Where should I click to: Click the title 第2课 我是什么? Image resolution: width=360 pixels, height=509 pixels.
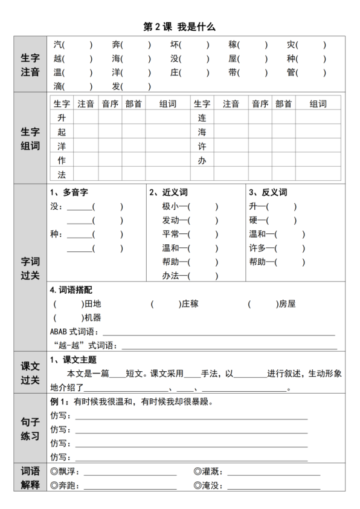(x=179, y=27)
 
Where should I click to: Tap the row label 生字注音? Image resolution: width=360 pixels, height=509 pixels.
(x=30, y=66)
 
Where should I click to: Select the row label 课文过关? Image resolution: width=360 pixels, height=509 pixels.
(x=30, y=373)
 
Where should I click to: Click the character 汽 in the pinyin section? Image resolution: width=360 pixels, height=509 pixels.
(x=57, y=45)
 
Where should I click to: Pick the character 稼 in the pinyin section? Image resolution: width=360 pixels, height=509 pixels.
(x=233, y=45)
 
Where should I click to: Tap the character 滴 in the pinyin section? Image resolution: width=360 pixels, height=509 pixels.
(x=57, y=86)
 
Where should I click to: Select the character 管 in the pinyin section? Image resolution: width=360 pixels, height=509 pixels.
(x=291, y=73)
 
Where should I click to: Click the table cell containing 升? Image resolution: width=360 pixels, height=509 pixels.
(x=61, y=118)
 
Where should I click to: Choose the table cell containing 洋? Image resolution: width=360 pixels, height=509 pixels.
(x=61, y=146)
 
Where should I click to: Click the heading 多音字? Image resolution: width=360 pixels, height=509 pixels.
(x=75, y=192)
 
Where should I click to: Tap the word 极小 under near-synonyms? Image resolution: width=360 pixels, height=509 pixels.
(x=169, y=206)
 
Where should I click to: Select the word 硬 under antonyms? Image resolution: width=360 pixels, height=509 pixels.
(x=253, y=220)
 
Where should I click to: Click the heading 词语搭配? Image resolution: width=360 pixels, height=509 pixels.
(x=75, y=290)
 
